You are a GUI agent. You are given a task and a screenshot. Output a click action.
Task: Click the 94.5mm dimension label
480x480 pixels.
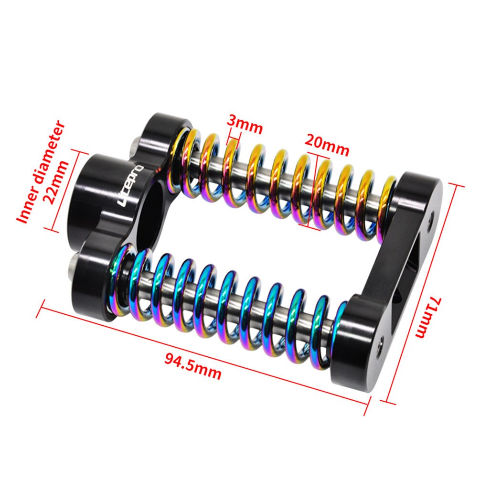tap(192, 366)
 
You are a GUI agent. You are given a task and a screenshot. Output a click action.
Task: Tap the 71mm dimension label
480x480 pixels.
tap(427, 317)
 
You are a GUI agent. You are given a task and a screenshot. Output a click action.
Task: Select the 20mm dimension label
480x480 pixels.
tap(327, 145)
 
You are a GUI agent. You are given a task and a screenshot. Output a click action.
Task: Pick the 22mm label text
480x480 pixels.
tap(57, 182)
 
